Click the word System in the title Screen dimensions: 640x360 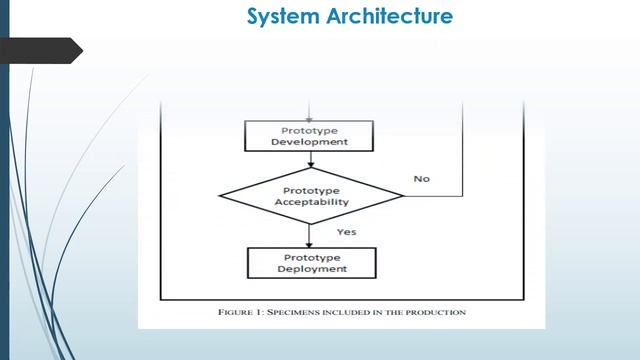point(283,17)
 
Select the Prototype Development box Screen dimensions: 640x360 point(309,136)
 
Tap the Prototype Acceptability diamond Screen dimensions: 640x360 point(311,196)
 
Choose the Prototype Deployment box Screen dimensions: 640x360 point(312,263)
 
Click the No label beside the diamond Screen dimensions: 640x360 point(422,179)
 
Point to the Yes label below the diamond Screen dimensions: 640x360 point(347,232)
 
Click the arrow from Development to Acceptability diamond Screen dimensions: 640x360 point(311,160)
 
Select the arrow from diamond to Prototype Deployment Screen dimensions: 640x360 point(309,236)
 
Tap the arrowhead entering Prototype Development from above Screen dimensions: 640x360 point(309,120)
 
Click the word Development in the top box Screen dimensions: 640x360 point(309,142)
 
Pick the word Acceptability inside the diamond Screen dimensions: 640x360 point(311,202)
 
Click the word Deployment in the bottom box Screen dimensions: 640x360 point(312,269)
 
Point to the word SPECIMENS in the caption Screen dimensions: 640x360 point(293,313)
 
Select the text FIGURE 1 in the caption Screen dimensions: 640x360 point(241,313)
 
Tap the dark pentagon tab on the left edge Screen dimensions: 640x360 point(41,51)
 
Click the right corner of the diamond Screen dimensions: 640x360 point(404,196)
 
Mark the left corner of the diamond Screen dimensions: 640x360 point(219,196)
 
